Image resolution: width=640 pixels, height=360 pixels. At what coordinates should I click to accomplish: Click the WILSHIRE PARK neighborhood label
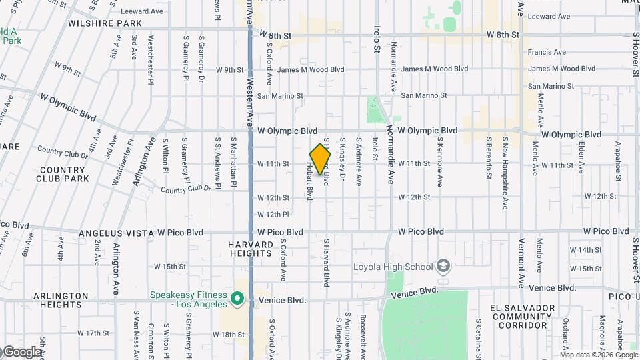[x=105, y=23]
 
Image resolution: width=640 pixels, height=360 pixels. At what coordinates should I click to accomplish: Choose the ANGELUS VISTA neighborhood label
[x=117, y=233]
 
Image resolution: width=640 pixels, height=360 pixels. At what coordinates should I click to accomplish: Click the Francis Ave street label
[x=547, y=52]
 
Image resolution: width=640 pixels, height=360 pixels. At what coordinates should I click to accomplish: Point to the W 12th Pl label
[x=273, y=215]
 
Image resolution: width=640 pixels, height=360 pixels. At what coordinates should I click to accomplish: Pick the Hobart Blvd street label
[x=310, y=180]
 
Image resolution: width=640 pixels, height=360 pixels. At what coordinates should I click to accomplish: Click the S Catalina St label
[x=479, y=337]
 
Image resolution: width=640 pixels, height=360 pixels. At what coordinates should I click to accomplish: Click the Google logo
[x=21, y=351]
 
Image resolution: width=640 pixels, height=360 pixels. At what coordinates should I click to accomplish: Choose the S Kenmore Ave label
[x=440, y=162]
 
